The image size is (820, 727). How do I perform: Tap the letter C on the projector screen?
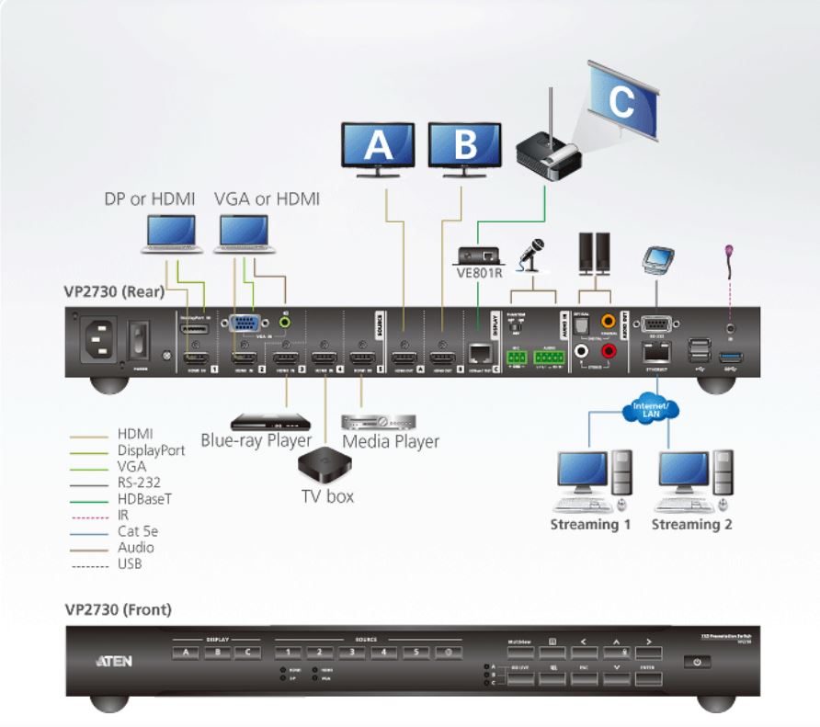pos(621,98)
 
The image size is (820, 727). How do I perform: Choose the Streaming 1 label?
pos(590,525)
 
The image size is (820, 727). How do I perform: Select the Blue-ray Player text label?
pos(256,439)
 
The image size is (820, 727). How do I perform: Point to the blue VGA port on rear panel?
pos(243,324)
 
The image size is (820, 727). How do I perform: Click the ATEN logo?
pos(114,660)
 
